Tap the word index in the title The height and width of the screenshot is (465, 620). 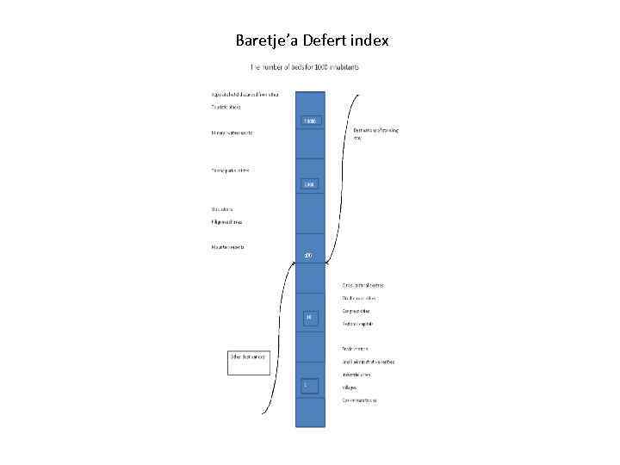(x=373, y=40)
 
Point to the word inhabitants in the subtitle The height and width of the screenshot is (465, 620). (x=341, y=67)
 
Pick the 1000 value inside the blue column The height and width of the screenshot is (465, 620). (x=310, y=121)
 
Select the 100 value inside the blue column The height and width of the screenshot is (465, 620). (x=310, y=184)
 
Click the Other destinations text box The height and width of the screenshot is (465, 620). (x=250, y=362)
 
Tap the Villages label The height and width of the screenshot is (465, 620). (x=350, y=387)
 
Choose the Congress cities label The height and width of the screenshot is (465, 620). (x=356, y=310)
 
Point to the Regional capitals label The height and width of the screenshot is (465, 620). (x=357, y=324)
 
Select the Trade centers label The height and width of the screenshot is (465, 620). (x=354, y=349)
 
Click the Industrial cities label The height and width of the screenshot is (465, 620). (x=356, y=375)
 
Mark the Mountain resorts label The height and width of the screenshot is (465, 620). (x=228, y=247)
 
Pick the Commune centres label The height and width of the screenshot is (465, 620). (x=359, y=400)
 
